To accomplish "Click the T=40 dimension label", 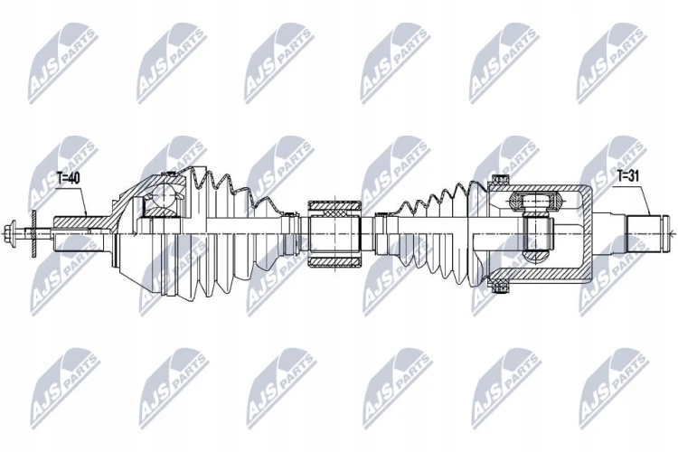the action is pos(69,178).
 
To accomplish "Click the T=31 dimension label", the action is pos(629,175).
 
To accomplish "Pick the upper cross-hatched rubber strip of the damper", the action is pos(334,206).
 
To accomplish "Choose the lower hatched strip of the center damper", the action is pos(334,261).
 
